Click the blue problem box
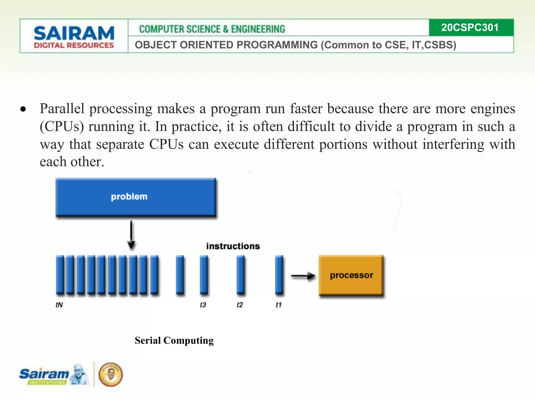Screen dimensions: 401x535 pyautogui.click(x=136, y=197)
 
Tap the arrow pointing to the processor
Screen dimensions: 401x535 pyautogui.click(x=303, y=276)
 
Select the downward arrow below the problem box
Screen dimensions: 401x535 pyautogui.click(x=131, y=235)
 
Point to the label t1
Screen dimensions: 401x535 pyautogui.click(x=278, y=305)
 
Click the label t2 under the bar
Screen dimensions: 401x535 pyautogui.click(x=240, y=305)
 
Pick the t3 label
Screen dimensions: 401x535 pyautogui.click(x=203, y=305)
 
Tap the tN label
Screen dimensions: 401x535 pyautogui.click(x=59, y=305)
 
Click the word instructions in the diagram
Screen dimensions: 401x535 pyautogui.click(x=233, y=246)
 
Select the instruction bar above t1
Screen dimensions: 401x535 pyautogui.click(x=279, y=275)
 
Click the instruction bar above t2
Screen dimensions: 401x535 pyautogui.click(x=241, y=275)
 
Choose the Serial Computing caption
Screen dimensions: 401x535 pyautogui.click(x=174, y=340)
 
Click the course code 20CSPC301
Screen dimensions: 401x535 pyautogui.click(x=470, y=28)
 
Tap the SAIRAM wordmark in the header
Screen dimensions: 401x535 pyautogui.click(x=74, y=33)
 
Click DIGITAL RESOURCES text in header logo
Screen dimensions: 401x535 pyautogui.click(x=74, y=45)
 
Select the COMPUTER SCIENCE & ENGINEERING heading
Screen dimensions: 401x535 pyautogui.click(x=212, y=29)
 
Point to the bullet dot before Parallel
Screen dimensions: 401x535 pyautogui.click(x=23, y=109)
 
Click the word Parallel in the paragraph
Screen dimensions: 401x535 pyautogui.click(x=62, y=109)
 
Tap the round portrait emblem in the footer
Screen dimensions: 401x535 pyautogui.click(x=111, y=374)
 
